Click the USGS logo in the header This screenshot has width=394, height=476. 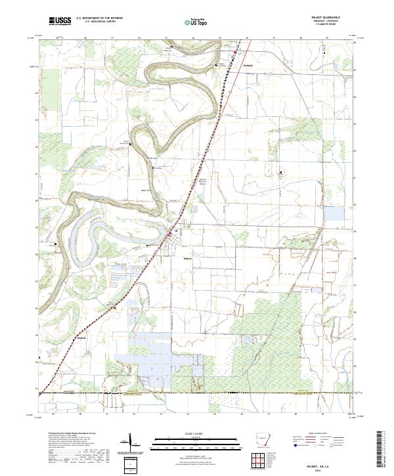(x=60, y=22)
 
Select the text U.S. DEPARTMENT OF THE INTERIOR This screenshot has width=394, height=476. (x=99, y=19)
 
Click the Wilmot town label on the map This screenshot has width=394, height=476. (x=186, y=257)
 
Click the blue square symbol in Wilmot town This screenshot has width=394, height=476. (x=175, y=230)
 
